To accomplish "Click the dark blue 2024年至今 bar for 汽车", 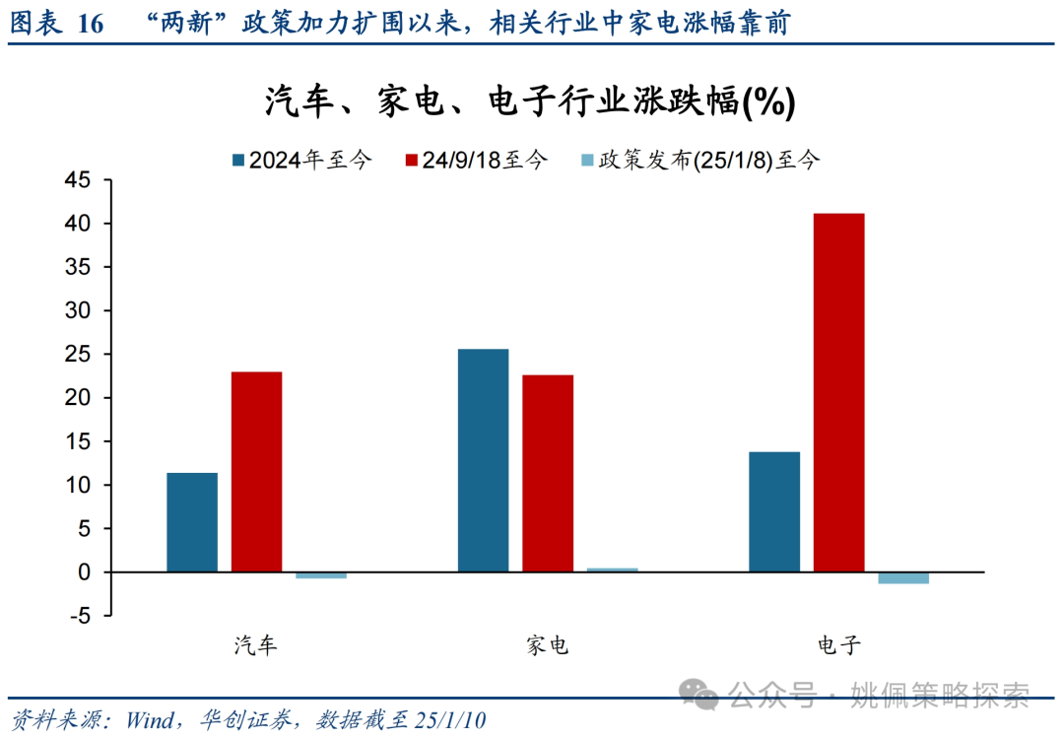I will pos(192,522).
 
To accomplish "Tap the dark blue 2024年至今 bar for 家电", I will pos(483,460).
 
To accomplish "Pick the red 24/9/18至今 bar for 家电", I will pos(548,473).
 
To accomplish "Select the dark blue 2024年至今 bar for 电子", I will pos(774,511).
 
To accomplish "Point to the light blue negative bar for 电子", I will pos(903,577).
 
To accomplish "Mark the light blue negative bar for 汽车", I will pos(321,575).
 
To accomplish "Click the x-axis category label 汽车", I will pos(256,645).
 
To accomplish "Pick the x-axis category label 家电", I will pos(547,645).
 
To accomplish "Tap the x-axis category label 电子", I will pos(838,645).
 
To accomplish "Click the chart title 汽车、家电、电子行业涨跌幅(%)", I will pos(530,101).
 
